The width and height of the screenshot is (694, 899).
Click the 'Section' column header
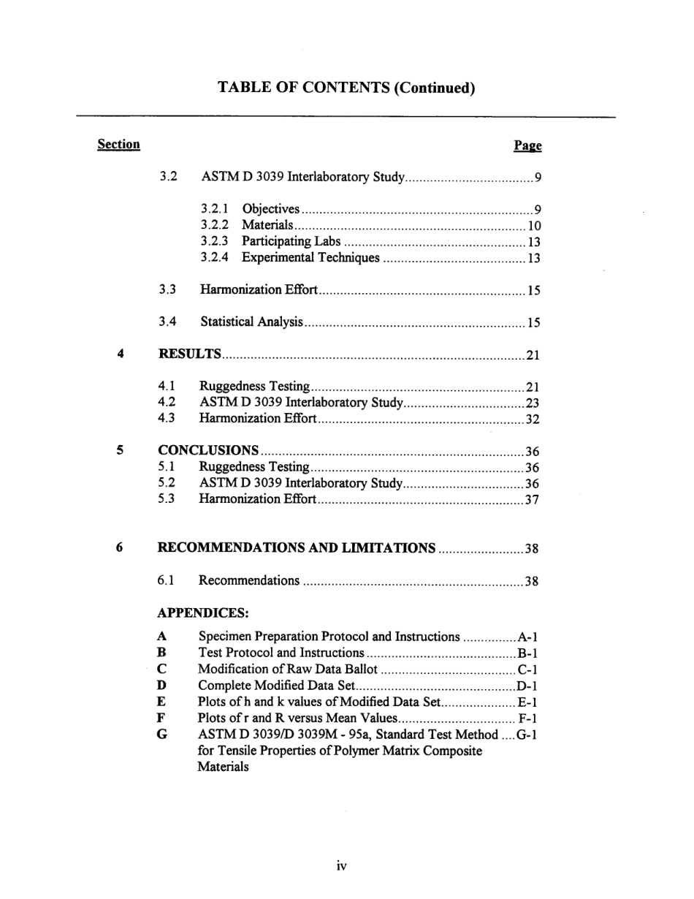[118, 145]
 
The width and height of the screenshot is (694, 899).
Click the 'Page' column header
[527, 146]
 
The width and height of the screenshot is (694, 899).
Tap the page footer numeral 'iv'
[341, 866]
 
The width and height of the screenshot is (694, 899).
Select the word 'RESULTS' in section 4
[190, 354]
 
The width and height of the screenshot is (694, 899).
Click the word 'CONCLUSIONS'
[208, 450]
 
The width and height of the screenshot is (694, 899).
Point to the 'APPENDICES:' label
[203, 612]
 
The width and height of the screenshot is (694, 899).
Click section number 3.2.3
[215, 241]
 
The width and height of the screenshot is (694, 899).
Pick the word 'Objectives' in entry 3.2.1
[270, 209]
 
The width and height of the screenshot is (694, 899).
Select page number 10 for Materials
[534, 226]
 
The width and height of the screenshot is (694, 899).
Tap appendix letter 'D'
[161, 686]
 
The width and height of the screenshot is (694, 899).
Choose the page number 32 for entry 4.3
[532, 419]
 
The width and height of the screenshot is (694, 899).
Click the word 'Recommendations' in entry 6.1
[249, 581]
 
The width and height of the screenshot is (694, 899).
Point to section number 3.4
[167, 322]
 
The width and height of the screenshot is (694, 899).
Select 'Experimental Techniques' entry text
[310, 257]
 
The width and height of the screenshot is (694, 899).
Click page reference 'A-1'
[528, 637]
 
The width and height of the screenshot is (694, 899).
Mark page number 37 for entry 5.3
[532, 499]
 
